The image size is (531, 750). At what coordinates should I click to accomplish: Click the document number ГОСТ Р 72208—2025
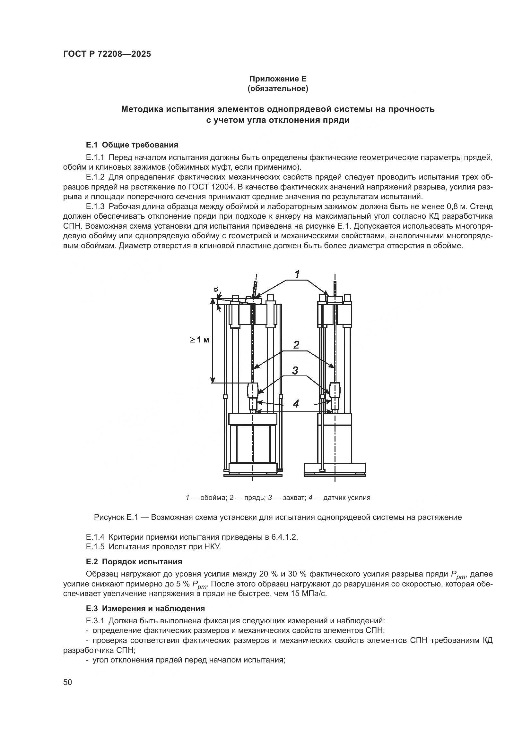pyautogui.click(x=107, y=54)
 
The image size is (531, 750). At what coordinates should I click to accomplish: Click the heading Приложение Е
pyautogui.click(x=278, y=79)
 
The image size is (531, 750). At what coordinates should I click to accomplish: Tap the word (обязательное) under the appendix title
pyautogui.click(x=278, y=88)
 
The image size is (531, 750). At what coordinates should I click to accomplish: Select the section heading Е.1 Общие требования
pyautogui.click(x=132, y=145)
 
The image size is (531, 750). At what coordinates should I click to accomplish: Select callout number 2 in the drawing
pyautogui.click(x=296, y=345)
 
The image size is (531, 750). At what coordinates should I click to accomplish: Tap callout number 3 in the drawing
pyautogui.click(x=295, y=370)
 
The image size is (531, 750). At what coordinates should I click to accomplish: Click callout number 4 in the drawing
pyautogui.click(x=296, y=404)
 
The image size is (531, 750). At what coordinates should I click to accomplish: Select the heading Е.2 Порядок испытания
pyautogui.click(x=134, y=562)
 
